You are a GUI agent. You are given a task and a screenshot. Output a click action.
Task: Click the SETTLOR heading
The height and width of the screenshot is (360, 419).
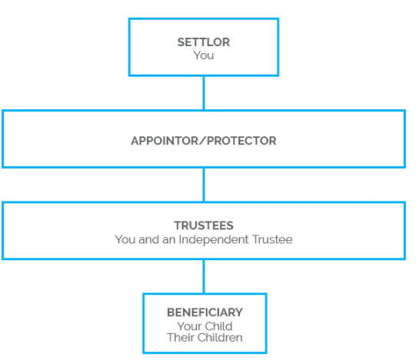pyautogui.click(x=204, y=42)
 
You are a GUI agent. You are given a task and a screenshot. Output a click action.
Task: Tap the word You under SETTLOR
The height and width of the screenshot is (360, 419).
pyautogui.click(x=204, y=55)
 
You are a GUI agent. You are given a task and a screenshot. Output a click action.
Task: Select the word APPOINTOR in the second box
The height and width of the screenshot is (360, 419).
pyautogui.click(x=165, y=141)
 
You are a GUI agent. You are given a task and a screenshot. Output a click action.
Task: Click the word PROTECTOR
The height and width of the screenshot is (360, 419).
pyautogui.click(x=241, y=141)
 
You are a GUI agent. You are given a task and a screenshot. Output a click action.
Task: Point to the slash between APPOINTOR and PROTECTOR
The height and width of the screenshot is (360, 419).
pyautogui.click(x=203, y=141)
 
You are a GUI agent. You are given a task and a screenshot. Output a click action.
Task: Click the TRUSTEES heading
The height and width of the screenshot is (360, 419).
pyautogui.click(x=204, y=225)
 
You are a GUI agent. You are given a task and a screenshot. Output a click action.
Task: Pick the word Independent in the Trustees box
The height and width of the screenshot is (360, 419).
pyautogui.click(x=214, y=239)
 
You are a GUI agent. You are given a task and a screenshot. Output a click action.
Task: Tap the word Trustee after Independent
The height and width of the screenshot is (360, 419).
pyautogui.click(x=272, y=239)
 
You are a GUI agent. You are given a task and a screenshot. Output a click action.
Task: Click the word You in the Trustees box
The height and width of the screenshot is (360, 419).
pyautogui.click(x=125, y=239)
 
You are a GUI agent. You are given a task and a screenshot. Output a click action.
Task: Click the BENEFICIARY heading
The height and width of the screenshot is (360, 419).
pyautogui.click(x=205, y=312)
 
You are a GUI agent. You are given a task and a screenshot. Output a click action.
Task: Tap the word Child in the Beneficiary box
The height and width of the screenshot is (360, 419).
pyautogui.click(x=218, y=326)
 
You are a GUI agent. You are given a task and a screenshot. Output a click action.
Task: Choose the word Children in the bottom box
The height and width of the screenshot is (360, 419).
pyautogui.click(x=220, y=338)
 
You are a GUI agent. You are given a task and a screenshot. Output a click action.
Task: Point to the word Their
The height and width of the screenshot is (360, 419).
pyautogui.click(x=181, y=338)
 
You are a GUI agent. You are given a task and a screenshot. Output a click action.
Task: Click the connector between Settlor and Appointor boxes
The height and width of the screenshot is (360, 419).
pyautogui.click(x=204, y=93)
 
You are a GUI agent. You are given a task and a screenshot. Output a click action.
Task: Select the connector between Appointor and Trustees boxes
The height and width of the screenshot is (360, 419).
pyautogui.click(x=204, y=185)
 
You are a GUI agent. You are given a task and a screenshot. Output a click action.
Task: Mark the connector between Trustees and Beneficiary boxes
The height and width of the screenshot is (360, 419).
pyautogui.click(x=204, y=277)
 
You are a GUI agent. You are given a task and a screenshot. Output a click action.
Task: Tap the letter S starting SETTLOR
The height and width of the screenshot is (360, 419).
pyautogui.click(x=181, y=42)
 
